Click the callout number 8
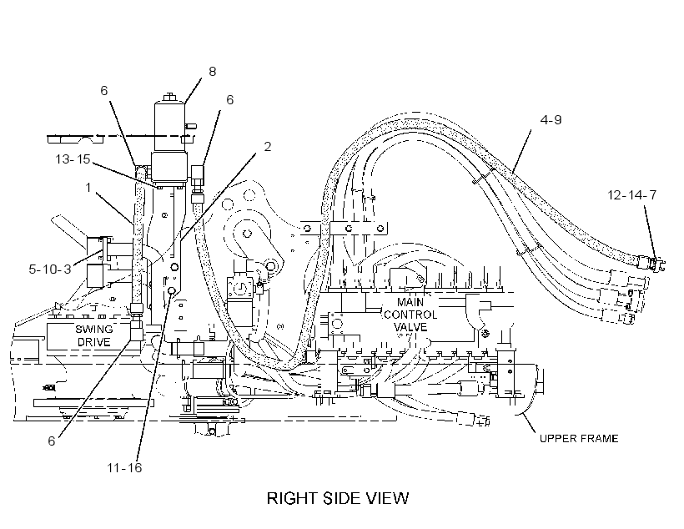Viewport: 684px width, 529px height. pyautogui.click(x=213, y=71)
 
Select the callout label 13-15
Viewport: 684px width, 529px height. pyautogui.click(x=73, y=159)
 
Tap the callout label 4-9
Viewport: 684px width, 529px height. pyautogui.click(x=551, y=119)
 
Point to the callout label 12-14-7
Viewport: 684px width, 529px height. pyautogui.click(x=631, y=194)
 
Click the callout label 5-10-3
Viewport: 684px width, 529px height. pyautogui.click(x=50, y=269)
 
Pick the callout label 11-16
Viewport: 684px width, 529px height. pyautogui.click(x=124, y=467)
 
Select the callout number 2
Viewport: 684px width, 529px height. pyautogui.click(x=268, y=147)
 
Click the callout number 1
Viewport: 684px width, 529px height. pyautogui.click(x=88, y=188)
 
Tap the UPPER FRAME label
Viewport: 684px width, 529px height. pyautogui.click(x=579, y=438)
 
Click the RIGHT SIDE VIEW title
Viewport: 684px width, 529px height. pyautogui.click(x=338, y=498)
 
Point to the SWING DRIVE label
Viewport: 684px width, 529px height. pyautogui.click(x=93, y=335)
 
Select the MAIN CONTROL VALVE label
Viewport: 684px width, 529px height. pyautogui.click(x=410, y=315)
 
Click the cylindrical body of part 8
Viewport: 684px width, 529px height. pyautogui.click(x=169, y=127)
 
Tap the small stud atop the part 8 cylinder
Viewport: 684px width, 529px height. pyautogui.click(x=169, y=97)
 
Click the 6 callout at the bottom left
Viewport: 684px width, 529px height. pyautogui.click(x=52, y=441)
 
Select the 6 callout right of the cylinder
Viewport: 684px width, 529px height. pyautogui.click(x=230, y=99)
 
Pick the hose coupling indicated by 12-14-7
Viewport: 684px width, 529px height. pyautogui.click(x=650, y=263)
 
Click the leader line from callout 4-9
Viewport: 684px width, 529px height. pyautogui.click(x=521, y=149)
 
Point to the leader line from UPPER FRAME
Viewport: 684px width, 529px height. pyautogui.click(x=528, y=422)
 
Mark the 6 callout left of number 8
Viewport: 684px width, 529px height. pyautogui.click(x=103, y=90)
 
